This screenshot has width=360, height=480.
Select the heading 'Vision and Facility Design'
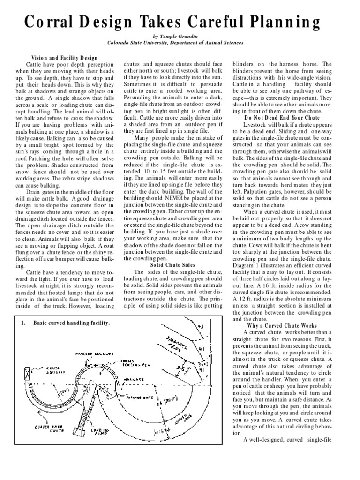click(x=65, y=57)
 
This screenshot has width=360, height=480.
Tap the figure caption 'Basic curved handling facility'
click(x=71, y=323)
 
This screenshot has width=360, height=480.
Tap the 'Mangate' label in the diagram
click(x=133, y=379)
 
